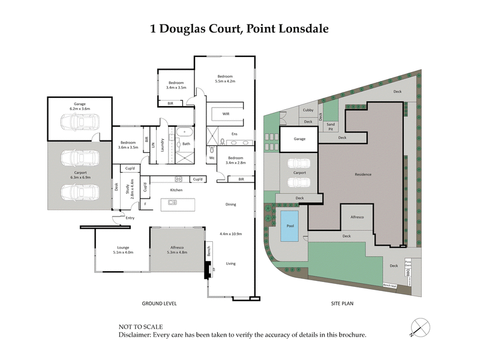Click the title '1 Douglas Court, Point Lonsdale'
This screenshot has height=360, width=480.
pyautogui.click(x=240, y=28)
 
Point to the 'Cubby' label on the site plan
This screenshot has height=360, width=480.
pyautogui.click(x=308, y=110)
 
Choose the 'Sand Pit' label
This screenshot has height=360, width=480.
pyautogui.click(x=330, y=125)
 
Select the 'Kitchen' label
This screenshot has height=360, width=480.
pyautogui.click(x=176, y=190)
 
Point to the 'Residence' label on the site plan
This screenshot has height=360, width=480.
pyautogui.click(x=362, y=175)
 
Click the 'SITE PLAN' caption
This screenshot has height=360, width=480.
pyautogui.click(x=342, y=304)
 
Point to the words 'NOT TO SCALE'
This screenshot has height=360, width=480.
pyautogui.click(x=140, y=327)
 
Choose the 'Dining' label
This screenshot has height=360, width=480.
pyautogui.click(x=230, y=205)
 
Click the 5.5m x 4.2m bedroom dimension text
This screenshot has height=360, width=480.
pyautogui.click(x=226, y=81)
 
